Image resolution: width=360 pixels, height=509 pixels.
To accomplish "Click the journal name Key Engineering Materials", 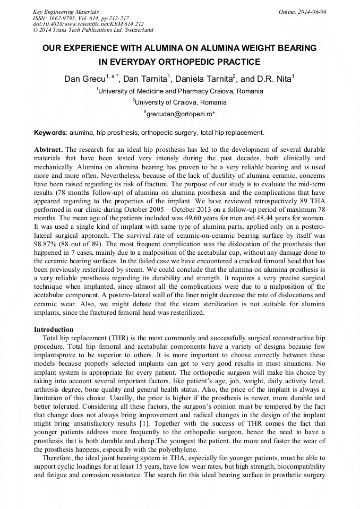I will click(66, 12).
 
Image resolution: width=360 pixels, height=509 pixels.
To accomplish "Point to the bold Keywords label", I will click(50, 132).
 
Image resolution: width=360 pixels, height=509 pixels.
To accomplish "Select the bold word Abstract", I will click(48, 150).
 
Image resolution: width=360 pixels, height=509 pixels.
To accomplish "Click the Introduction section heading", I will click(54, 330).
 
